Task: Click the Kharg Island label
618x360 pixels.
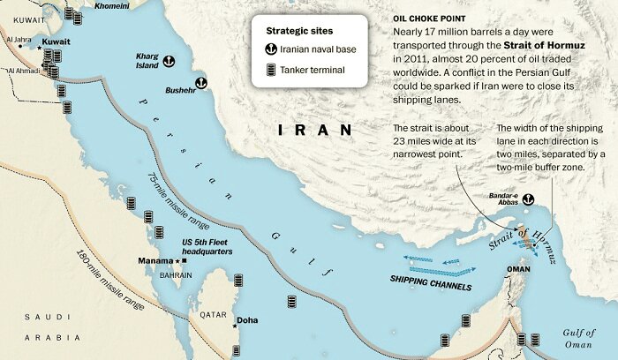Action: tap(147, 62)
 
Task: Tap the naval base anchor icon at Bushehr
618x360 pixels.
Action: tap(200, 83)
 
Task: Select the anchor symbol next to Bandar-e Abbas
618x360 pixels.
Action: tap(530, 200)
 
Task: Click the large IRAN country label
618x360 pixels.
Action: tap(315, 130)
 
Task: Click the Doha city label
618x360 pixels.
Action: tap(248, 320)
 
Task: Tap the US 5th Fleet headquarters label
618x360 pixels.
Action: tap(207, 247)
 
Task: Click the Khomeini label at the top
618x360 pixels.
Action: tap(110, 5)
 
